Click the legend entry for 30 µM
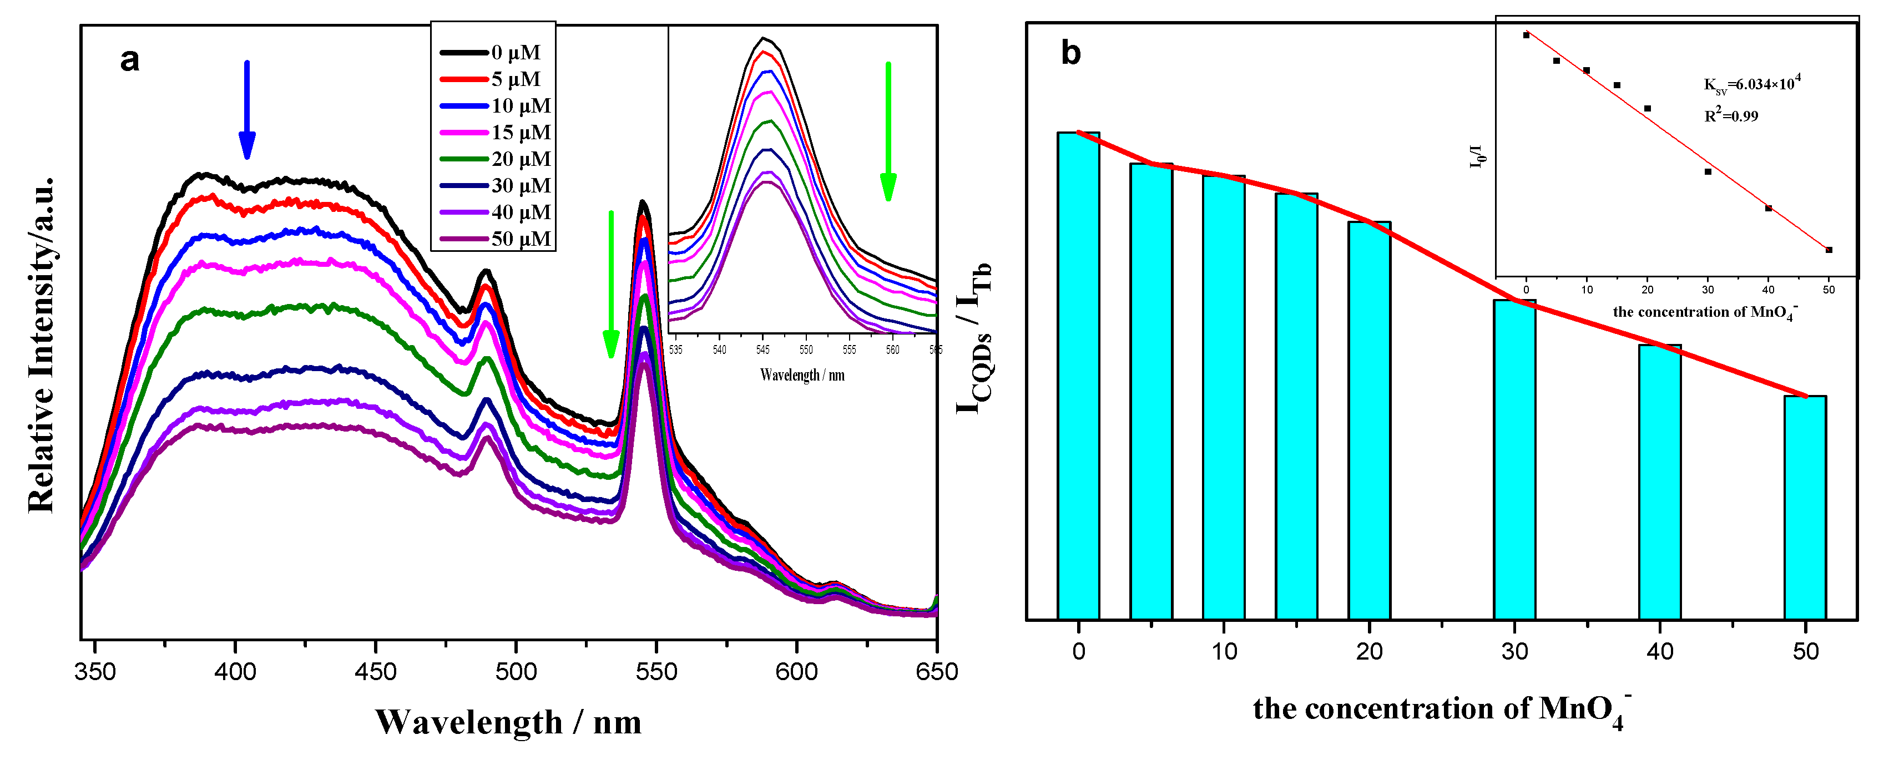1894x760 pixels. [x=496, y=186]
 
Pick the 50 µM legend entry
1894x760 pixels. [x=496, y=239]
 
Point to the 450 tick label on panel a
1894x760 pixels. [x=375, y=671]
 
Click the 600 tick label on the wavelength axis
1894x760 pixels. [x=796, y=671]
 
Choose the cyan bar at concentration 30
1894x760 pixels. [x=1514, y=459]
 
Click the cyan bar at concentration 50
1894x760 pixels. [x=1805, y=507]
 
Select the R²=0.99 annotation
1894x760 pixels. [x=1731, y=115]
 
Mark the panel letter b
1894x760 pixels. [x=1070, y=53]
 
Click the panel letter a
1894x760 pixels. [x=129, y=59]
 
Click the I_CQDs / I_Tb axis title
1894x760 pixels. [x=974, y=338]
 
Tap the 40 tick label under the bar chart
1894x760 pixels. [x=1659, y=651]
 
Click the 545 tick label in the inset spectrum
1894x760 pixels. [x=763, y=350]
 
